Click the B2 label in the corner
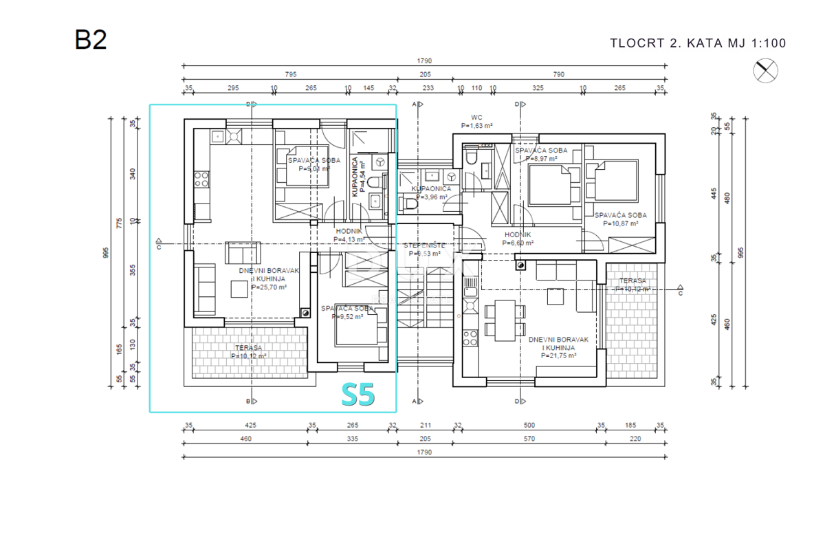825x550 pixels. pyautogui.click(x=91, y=39)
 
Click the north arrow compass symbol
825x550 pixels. pyautogui.click(x=766, y=70)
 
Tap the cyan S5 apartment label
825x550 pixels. pyautogui.click(x=358, y=395)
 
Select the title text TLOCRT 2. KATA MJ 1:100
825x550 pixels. pyautogui.click(x=698, y=43)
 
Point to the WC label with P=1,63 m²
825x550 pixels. pyautogui.click(x=477, y=122)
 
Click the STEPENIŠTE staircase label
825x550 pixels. pyautogui.click(x=423, y=249)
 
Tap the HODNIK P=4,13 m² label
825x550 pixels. pyautogui.click(x=349, y=235)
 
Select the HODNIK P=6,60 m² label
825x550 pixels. pyautogui.click(x=518, y=239)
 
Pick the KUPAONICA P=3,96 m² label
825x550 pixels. pyautogui.click(x=431, y=192)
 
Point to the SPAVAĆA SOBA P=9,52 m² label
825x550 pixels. pyautogui.click(x=348, y=313)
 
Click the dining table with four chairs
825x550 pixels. pyautogui.click(x=507, y=320)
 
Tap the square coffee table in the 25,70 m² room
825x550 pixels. pyautogui.click(x=240, y=290)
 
